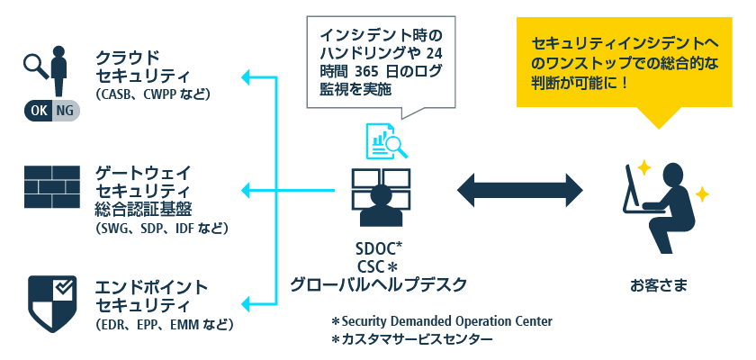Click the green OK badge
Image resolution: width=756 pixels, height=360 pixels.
coord(39,110)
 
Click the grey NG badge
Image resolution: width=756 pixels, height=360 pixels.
coord(65,110)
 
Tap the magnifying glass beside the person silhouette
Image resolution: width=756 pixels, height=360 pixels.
coord(35,64)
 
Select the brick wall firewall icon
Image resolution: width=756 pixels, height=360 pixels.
coord(52,187)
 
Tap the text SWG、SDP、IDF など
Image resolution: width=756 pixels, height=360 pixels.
coord(161,229)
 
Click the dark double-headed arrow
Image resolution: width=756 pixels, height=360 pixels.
coord(520,191)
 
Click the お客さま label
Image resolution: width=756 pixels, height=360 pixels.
coord(659,286)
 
